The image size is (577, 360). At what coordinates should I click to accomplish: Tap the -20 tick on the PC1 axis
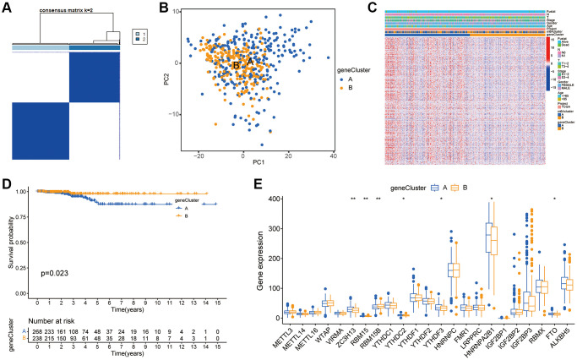[199, 156]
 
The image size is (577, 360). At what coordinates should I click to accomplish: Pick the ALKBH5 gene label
[558, 336]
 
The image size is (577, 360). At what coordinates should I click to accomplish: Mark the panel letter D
[8, 182]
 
